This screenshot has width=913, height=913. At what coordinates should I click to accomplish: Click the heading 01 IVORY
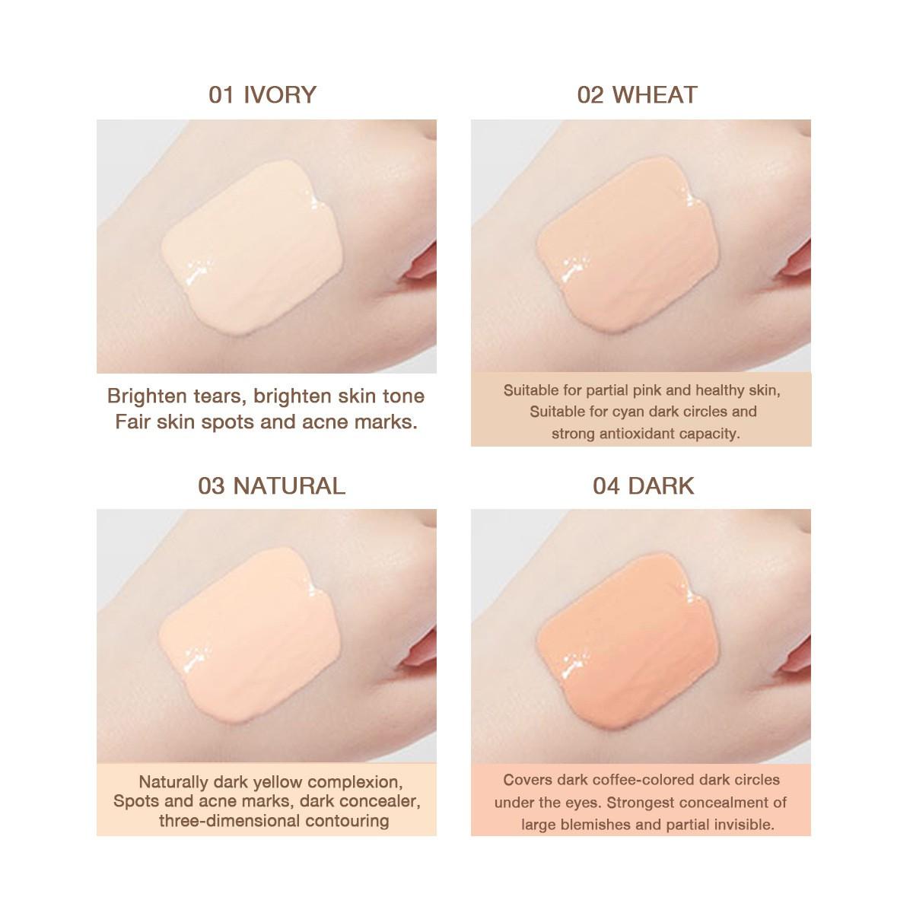click(262, 94)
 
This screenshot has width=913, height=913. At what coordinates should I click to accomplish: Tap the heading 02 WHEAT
click(637, 94)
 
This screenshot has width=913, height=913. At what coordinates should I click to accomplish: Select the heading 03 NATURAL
click(272, 485)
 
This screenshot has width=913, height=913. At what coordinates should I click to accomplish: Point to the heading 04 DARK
click(643, 485)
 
